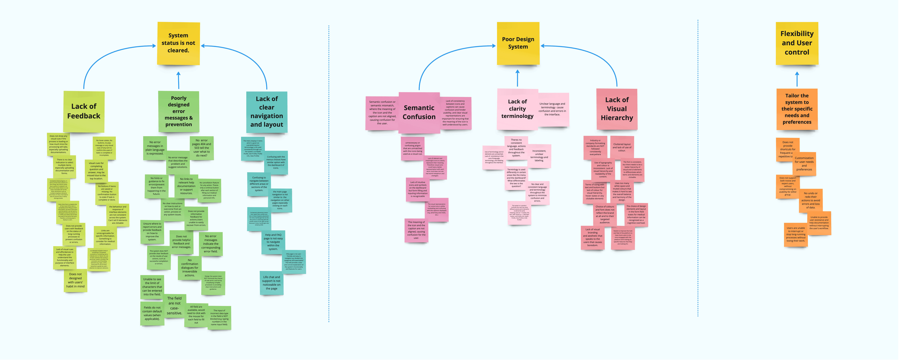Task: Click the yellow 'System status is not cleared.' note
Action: click(x=178, y=43)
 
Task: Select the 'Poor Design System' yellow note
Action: click(x=518, y=43)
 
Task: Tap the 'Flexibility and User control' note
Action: click(x=797, y=43)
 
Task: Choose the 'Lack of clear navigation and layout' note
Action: click(x=267, y=112)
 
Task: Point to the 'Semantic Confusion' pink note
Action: click(x=419, y=112)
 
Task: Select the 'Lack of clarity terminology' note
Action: click(x=517, y=109)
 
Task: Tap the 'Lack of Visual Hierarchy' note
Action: click(x=617, y=109)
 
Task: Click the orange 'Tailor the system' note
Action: click(x=797, y=109)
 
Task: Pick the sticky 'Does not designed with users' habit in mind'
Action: click(x=75, y=280)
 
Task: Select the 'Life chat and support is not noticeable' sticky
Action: click(x=272, y=283)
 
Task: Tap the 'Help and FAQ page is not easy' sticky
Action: click(x=273, y=242)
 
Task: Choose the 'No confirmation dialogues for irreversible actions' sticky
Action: click(x=189, y=268)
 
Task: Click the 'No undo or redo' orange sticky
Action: click(x=811, y=200)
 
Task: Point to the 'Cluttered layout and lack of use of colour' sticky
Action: click(x=622, y=147)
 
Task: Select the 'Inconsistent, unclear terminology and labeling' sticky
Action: click(x=539, y=156)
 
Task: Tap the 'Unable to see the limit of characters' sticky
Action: click(x=152, y=287)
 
